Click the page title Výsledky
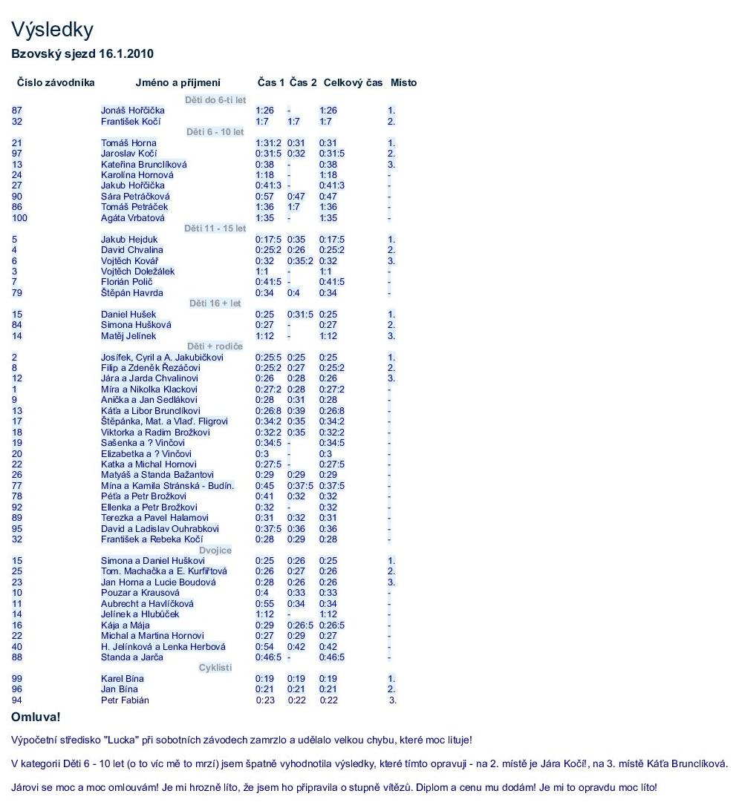(x=52, y=30)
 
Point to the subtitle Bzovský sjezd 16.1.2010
(x=82, y=54)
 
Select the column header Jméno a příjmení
(x=178, y=82)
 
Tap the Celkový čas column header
(x=353, y=82)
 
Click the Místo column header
(x=403, y=82)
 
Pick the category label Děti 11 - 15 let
(x=215, y=229)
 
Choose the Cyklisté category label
(x=215, y=668)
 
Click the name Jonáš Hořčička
(x=133, y=111)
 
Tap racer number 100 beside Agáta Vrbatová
(x=19, y=218)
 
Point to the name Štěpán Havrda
(x=132, y=293)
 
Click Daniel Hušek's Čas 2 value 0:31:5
(x=300, y=315)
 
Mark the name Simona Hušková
(x=136, y=325)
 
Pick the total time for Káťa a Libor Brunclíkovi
(x=332, y=411)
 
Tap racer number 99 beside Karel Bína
(x=16, y=679)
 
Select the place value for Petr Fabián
(x=393, y=700)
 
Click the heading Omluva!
(x=36, y=717)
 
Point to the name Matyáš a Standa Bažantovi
(x=157, y=475)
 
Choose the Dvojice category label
(x=215, y=551)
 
